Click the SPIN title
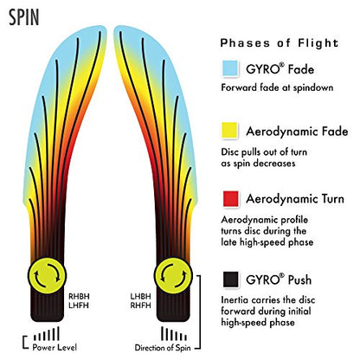pyautogui.click(x=23, y=17)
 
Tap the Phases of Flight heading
pyautogui.click(x=280, y=43)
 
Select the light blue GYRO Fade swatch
pyautogui.click(x=230, y=68)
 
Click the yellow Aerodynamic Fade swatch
pyautogui.click(x=229, y=131)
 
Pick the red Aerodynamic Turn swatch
pyautogui.click(x=231, y=199)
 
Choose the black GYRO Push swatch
pyautogui.click(x=231, y=280)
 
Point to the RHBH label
pyautogui.click(x=79, y=297)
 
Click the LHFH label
pyautogui.click(x=79, y=305)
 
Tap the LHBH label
pyautogui.click(x=141, y=297)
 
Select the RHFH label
pyautogui.click(x=141, y=305)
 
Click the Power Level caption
pyautogui.click(x=55, y=347)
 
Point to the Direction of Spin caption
pyautogui.click(x=163, y=348)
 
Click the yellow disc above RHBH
pyautogui.click(x=47, y=276)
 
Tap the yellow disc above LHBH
pyautogui.click(x=173, y=276)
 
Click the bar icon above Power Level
pyautogui.click(x=47, y=334)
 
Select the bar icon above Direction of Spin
pyautogui.click(x=174, y=334)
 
